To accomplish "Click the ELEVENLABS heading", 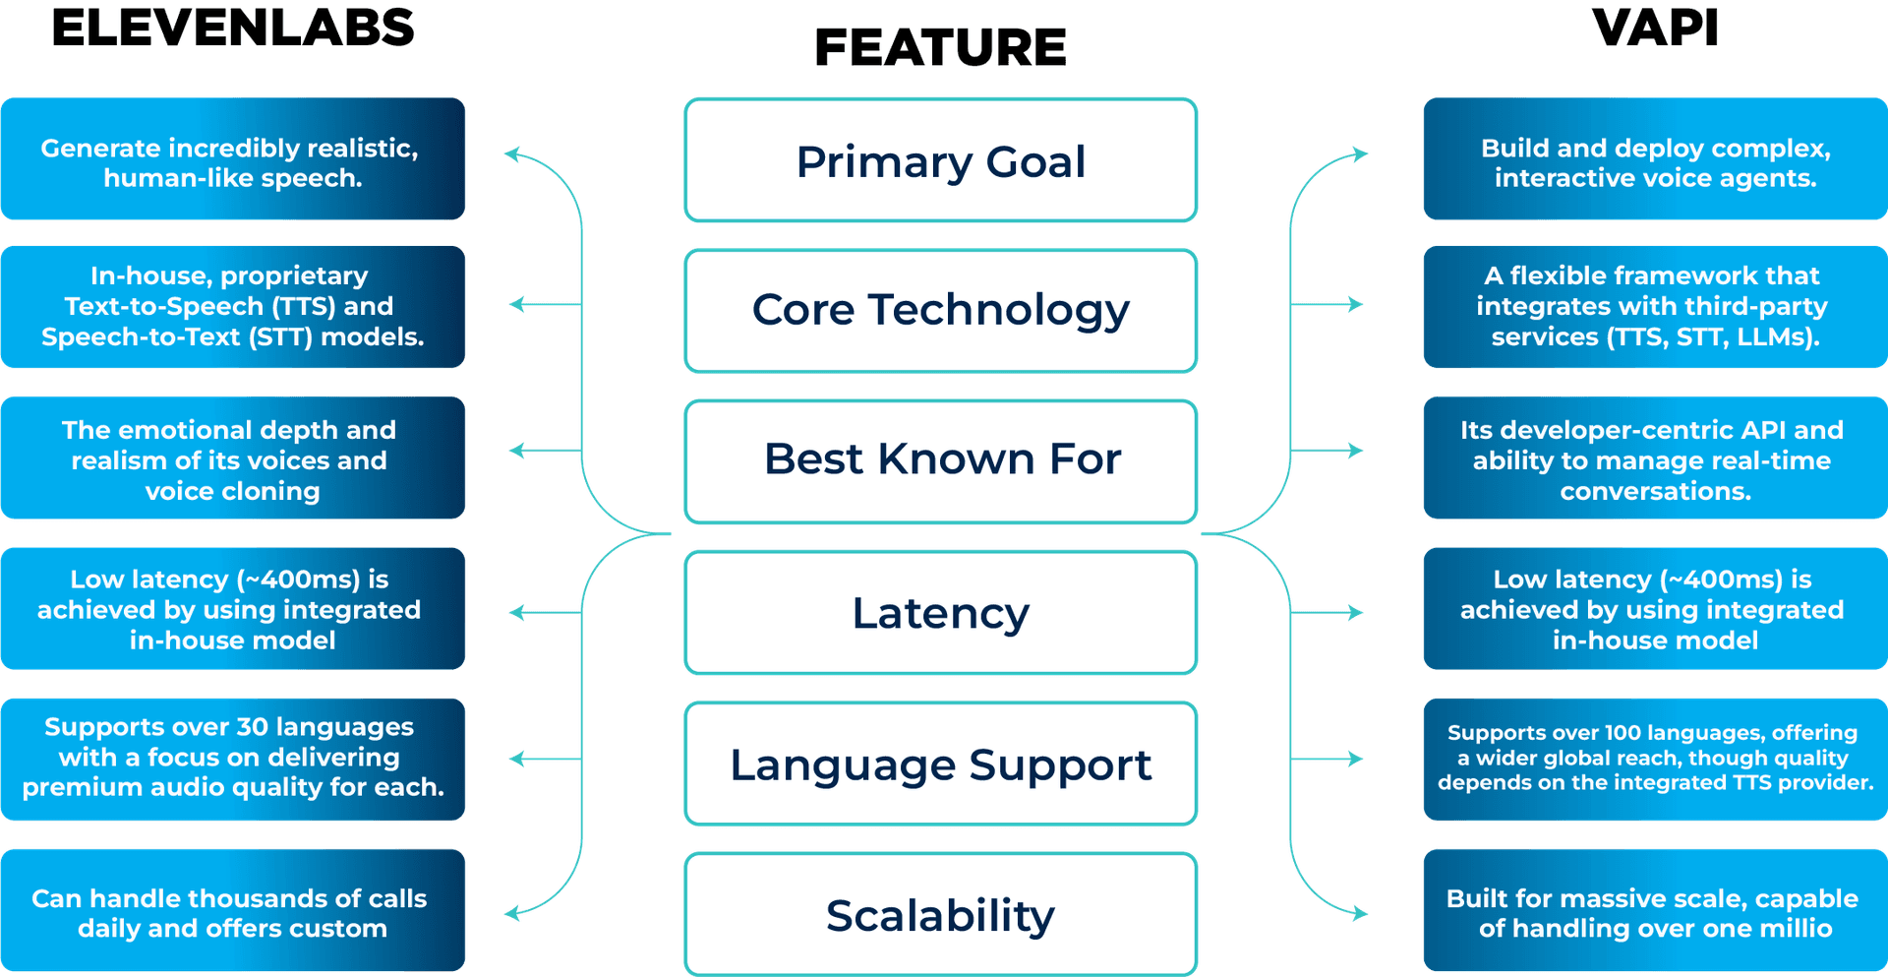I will (233, 28).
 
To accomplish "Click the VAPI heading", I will (1655, 28).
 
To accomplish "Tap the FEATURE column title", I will (940, 47).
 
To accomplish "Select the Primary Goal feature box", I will (940, 160).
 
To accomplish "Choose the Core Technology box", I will (940, 311).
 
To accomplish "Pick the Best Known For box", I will (940, 460).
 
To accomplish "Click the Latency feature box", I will (940, 612).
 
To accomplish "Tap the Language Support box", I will (940, 763).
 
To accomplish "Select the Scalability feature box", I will (940, 913).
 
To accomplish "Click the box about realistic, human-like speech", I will (233, 160).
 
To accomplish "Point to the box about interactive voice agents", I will (1655, 160).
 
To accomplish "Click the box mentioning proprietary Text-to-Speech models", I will (233, 307).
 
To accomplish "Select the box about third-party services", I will (1655, 307).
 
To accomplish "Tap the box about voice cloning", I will (233, 458).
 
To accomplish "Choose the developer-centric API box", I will (1655, 458).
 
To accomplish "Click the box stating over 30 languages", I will (233, 758).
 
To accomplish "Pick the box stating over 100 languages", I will (1655, 758).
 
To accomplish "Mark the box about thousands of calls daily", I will (233, 911).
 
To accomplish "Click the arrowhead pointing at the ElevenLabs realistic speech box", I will (511, 154).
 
